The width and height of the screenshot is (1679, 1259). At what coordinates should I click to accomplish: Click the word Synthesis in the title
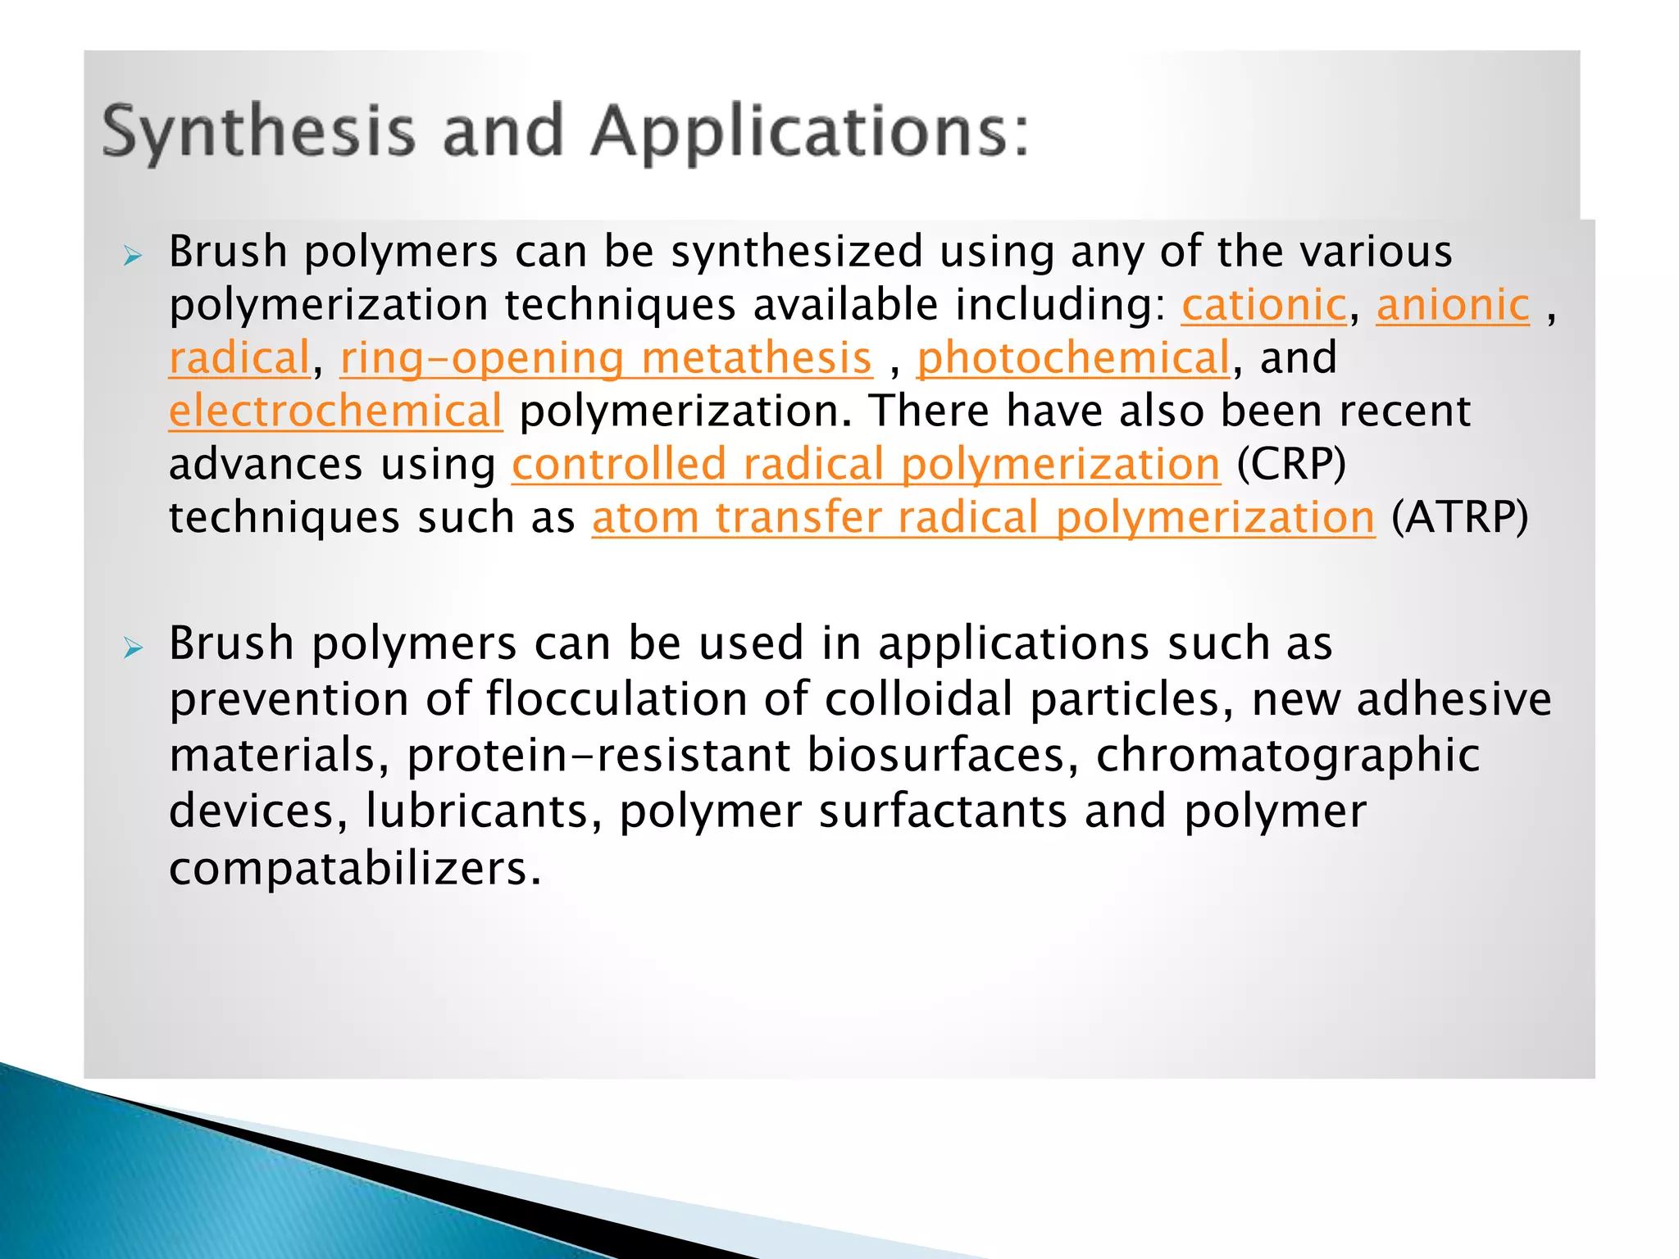[x=258, y=132]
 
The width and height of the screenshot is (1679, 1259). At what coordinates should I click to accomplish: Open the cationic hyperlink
[x=1263, y=306]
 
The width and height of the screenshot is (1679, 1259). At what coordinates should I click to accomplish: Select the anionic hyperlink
[x=1453, y=306]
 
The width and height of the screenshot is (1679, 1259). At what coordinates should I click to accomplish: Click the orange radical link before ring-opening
[x=239, y=359]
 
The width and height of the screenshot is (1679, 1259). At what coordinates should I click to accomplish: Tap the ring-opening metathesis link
[x=606, y=359]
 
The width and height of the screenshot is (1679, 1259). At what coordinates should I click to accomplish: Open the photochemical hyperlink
[x=1073, y=359]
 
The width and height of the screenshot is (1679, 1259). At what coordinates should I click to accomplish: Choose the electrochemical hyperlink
[x=335, y=411]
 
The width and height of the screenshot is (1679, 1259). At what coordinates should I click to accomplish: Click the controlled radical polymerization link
[x=866, y=465]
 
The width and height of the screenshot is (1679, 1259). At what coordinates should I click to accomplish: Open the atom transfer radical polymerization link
[x=983, y=518]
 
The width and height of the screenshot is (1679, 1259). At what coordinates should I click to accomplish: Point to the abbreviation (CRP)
[x=1291, y=465]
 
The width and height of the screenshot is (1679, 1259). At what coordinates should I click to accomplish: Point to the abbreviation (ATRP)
[x=1460, y=518]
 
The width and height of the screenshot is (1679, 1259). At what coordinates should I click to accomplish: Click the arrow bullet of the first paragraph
[x=133, y=257]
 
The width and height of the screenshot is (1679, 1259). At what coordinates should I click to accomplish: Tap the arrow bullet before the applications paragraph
[x=133, y=649]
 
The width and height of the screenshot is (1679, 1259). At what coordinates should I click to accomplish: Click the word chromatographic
[x=1288, y=755]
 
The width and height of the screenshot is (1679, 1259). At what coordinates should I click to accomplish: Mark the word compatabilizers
[x=355, y=869]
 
